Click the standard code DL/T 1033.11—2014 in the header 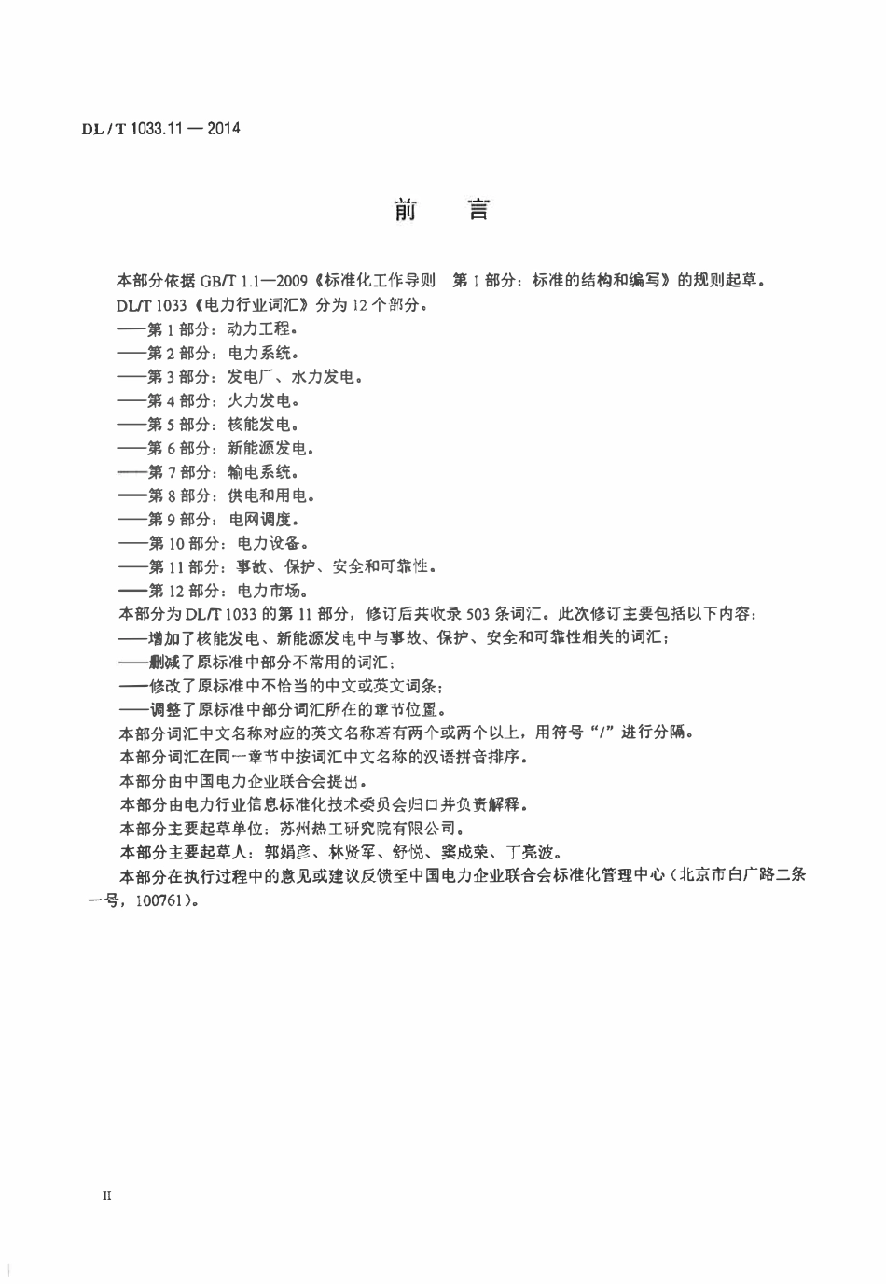(160, 129)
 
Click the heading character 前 (405, 210)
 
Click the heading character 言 (478, 210)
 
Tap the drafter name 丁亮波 (529, 852)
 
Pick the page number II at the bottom (106, 1195)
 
